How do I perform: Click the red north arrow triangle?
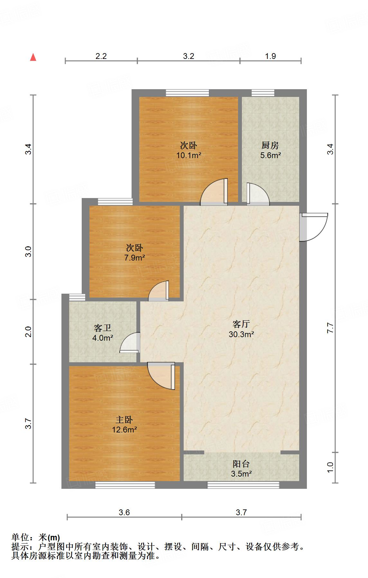(x=33, y=57)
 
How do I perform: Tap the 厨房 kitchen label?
(x=270, y=146)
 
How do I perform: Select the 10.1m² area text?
(x=189, y=156)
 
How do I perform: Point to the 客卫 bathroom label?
(x=103, y=328)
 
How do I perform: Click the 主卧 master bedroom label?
(x=124, y=420)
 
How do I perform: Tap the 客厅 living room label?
(x=241, y=324)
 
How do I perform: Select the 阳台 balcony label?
(x=241, y=464)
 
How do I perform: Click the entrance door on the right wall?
(x=314, y=227)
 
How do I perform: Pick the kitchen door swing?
(x=257, y=194)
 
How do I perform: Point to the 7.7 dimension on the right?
(x=330, y=327)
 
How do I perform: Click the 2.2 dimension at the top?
(x=101, y=56)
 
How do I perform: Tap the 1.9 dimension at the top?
(x=271, y=56)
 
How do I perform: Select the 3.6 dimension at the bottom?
(x=124, y=512)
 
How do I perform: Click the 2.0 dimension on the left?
(x=29, y=332)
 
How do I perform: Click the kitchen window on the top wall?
(x=263, y=93)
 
